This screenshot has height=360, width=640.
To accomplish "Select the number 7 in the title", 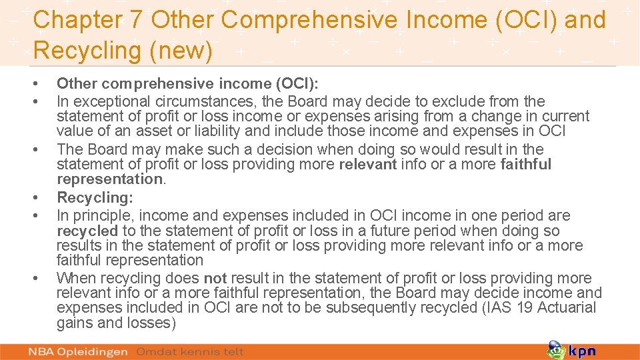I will (x=137, y=20).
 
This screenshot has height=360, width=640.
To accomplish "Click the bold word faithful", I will (x=526, y=164).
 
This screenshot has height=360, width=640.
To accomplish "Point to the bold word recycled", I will (x=87, y=231).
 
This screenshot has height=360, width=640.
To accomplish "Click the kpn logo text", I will (x=582, y=351).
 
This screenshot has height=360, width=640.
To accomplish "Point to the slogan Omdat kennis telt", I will (x=190, y=351).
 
